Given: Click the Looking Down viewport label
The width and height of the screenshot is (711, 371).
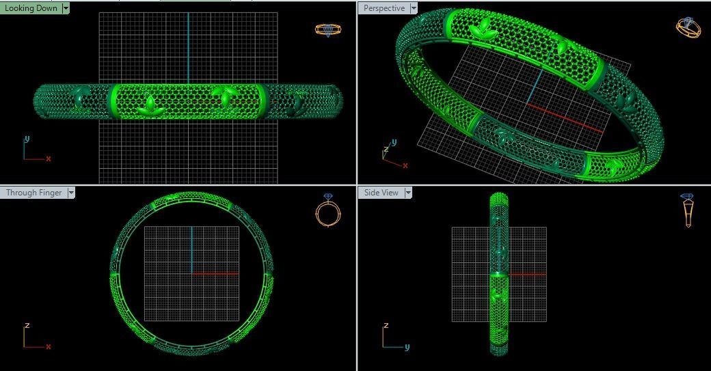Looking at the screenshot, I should tap(31, 8).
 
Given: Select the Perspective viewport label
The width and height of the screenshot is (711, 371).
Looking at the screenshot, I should tap(384, 8).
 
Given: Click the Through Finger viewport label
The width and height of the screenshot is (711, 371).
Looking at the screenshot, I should tap(33, 193).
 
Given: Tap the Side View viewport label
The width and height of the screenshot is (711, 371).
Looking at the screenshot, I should tap(381, 193).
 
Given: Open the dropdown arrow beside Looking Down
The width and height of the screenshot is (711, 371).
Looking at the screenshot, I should tap(66, 8).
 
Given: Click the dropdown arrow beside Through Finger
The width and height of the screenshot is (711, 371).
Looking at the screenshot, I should tap(70, 193).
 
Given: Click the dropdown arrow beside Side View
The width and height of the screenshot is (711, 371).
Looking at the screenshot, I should tap(408, 193).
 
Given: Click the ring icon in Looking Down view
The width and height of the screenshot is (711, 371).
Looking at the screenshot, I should tap(327, 29).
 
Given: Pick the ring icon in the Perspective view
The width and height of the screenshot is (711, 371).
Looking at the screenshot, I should tap(688, 27).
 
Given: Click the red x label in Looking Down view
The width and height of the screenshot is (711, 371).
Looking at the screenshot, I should tap(49, 159).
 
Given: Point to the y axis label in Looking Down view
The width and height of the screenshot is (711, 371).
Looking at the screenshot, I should tap(27, 139).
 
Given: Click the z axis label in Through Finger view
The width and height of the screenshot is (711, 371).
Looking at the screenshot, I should tap(27, 326).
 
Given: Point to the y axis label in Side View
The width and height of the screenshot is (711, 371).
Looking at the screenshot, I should tap(407, 346).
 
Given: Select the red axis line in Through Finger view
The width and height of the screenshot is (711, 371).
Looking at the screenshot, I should tap(215, 274).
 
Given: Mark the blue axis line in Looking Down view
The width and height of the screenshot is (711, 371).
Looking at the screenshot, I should tap(188, 48).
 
